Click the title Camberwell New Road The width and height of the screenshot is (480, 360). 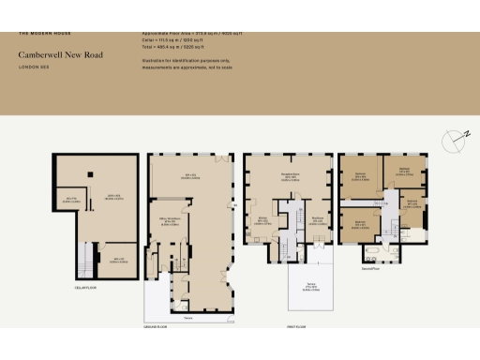[x=59, y=54]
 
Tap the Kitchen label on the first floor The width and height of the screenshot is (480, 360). [x=264, y=220]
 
